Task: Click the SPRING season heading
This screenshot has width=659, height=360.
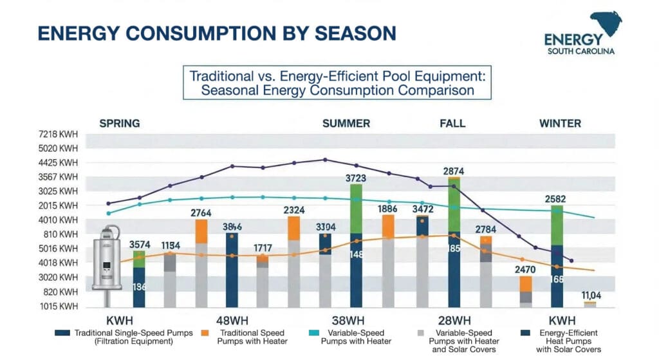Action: pos(119,123)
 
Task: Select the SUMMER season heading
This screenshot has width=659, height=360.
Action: pos(346,123)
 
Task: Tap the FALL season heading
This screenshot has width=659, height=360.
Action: pos(452,123)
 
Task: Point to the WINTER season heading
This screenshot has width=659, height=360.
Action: pos(560,123)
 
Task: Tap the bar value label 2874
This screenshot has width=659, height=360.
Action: pos(454,171)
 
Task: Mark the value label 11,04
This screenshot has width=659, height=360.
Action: pos(591,295)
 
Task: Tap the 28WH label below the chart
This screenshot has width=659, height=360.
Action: pos(454,320)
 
